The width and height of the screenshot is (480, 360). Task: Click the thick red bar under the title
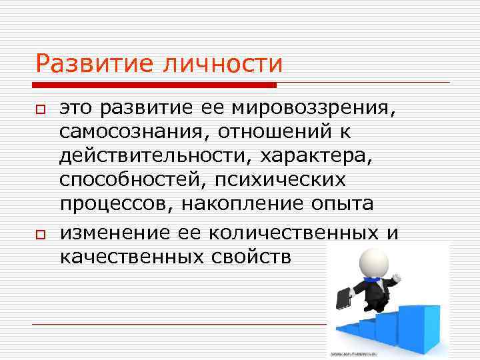coord(156,85)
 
